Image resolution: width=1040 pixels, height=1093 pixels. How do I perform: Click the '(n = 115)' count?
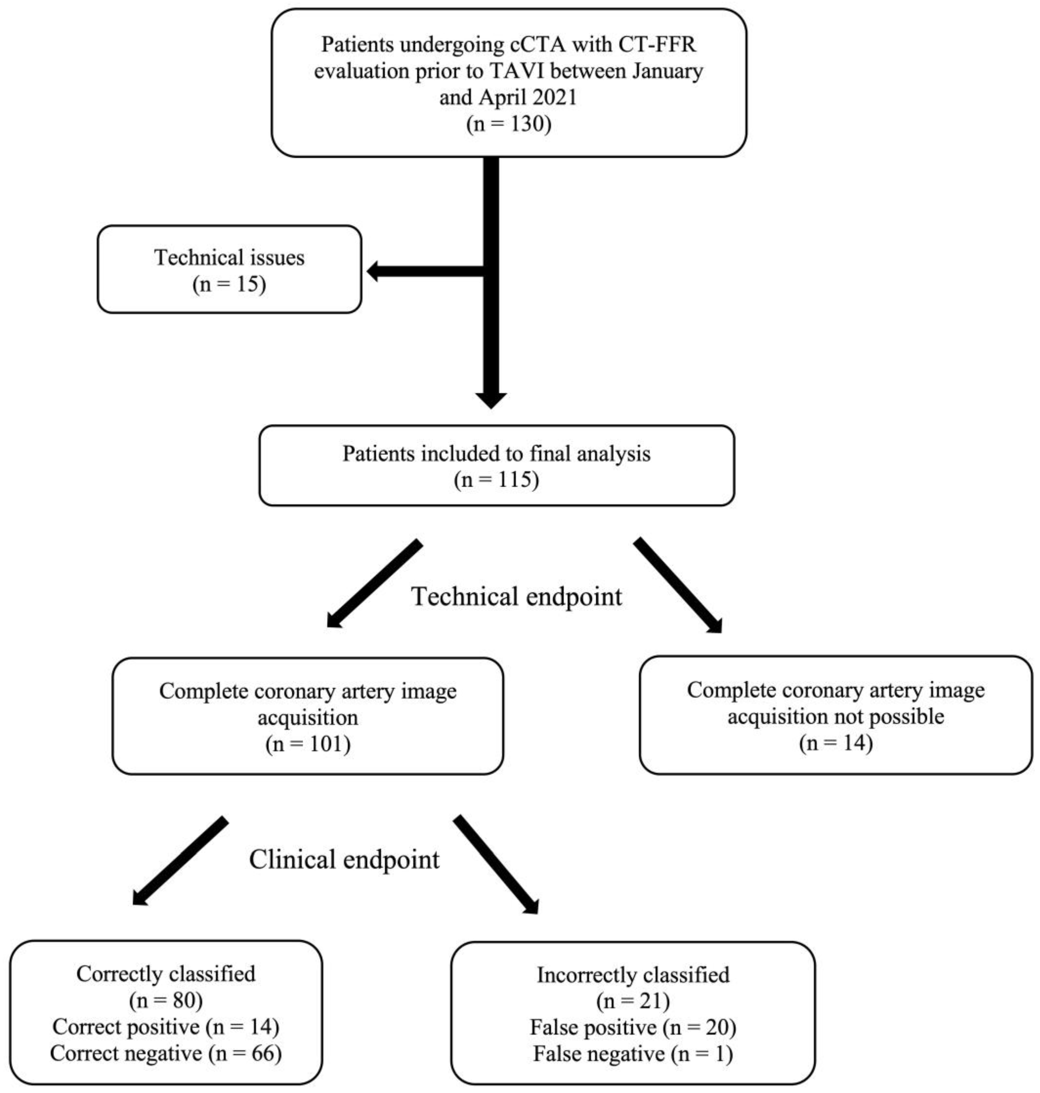coord(496,479)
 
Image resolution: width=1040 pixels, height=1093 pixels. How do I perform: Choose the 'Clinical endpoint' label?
coord(344,860)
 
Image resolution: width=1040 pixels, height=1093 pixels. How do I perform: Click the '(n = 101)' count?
coord(308,744)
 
